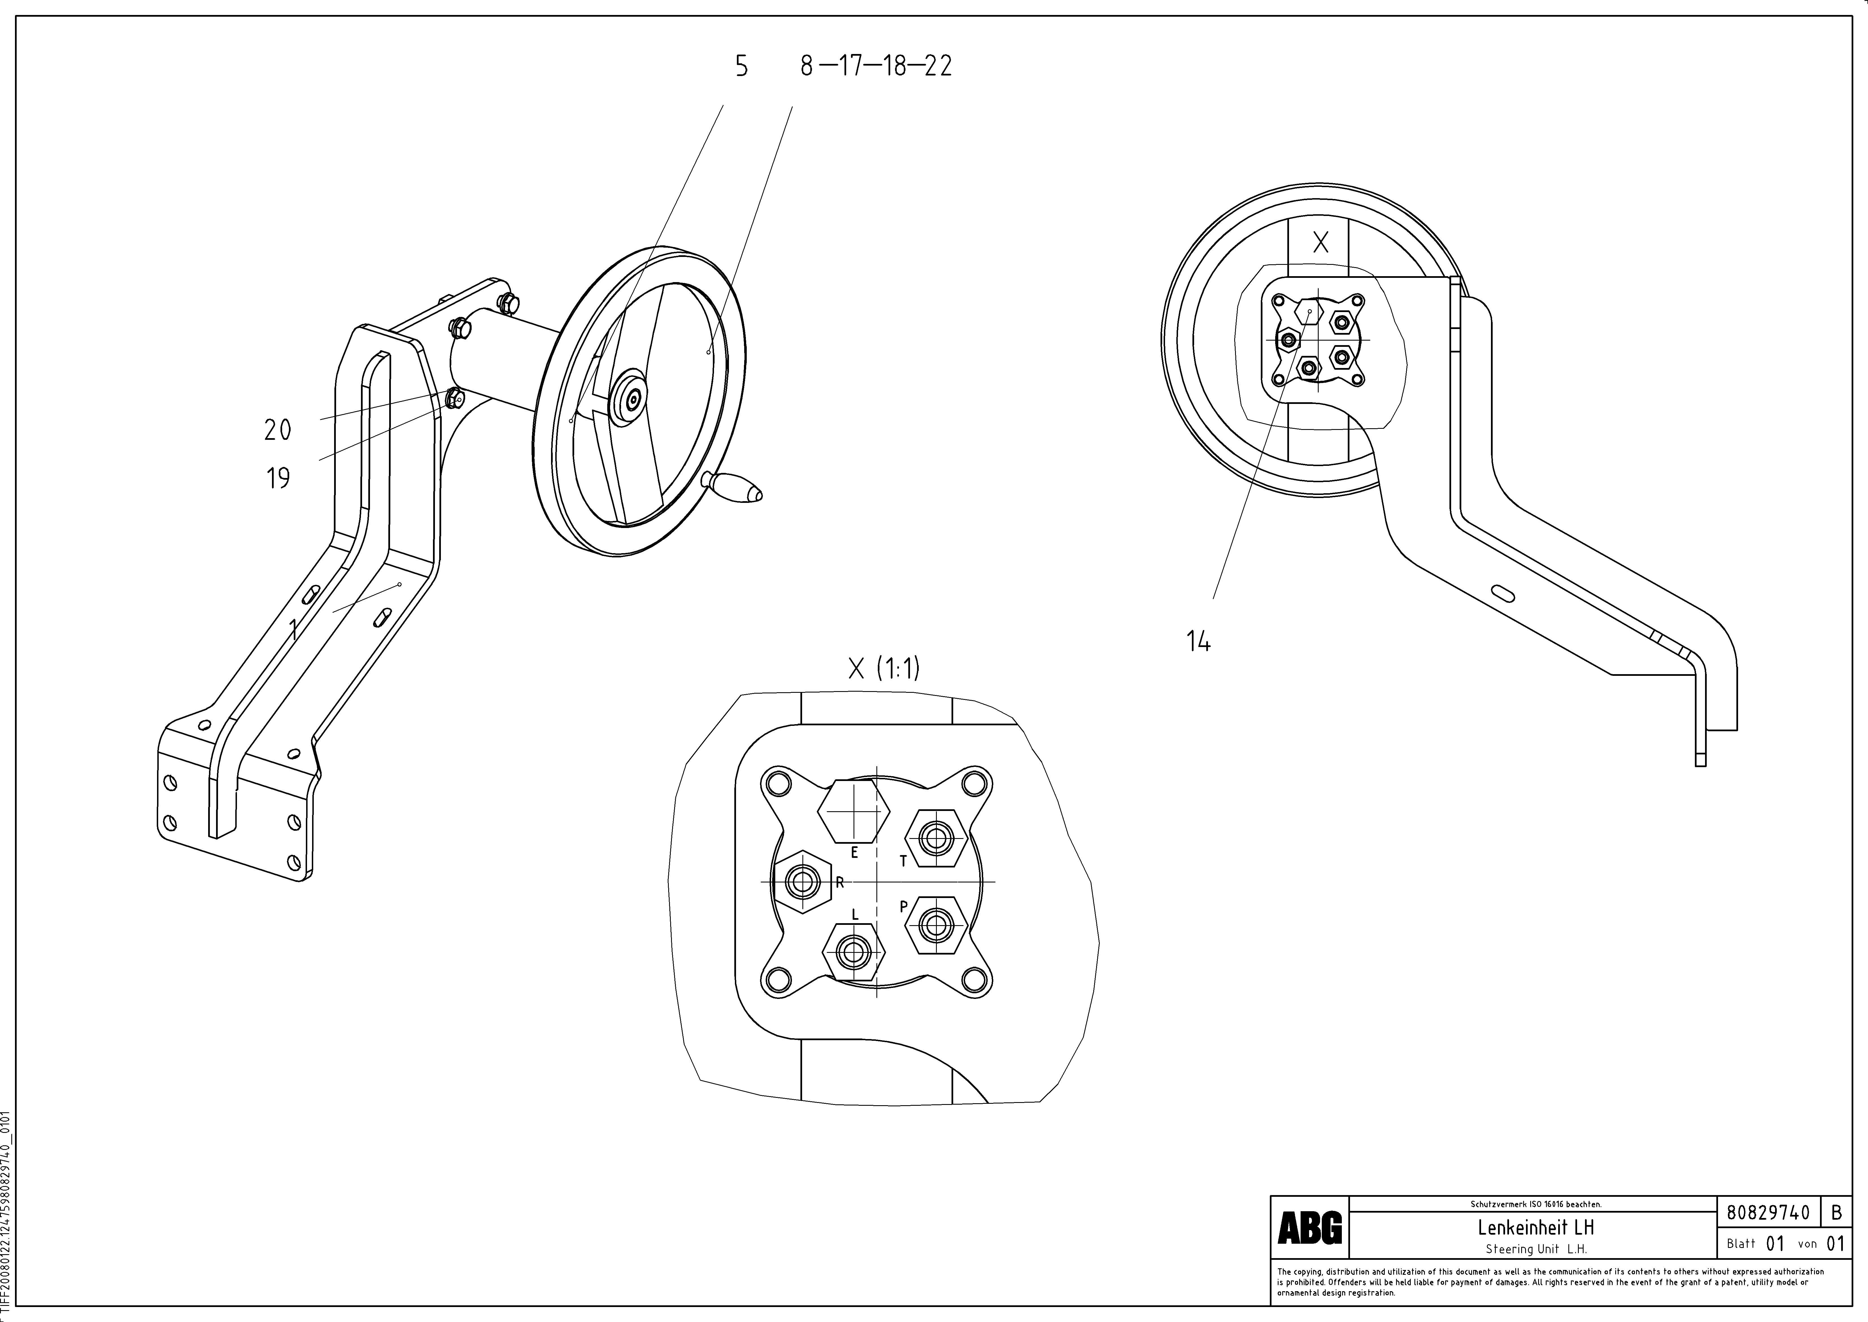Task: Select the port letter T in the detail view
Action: [902, 860]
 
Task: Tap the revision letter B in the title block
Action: [1836, 1213]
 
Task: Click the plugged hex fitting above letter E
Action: [852, 812]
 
